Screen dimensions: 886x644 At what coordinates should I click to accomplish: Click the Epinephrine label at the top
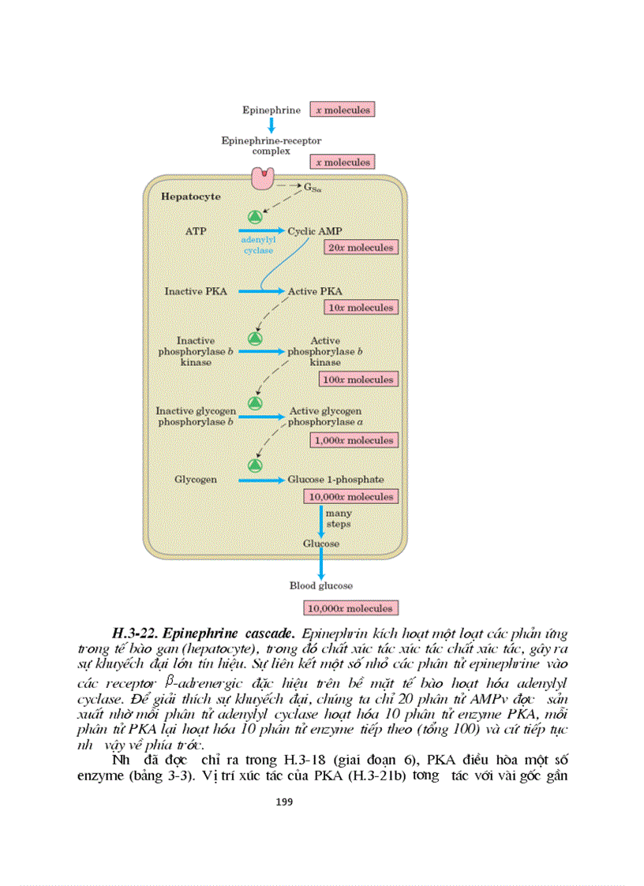pyautogui.click(x=271, y=110)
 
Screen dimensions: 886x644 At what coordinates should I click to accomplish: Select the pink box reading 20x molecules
pyautogui.click(x=360, y=248)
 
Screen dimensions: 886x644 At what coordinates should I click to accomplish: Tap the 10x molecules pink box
pyautogui.click(x=360, y=308)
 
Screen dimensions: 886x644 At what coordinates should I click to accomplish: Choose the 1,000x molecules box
pyautogui.click(x=354, y=440)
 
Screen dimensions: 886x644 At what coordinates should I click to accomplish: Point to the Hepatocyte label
pyautogui.click(x=191, y=196)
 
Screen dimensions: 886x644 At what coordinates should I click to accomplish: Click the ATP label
pyautogui.click(x=195, y=231)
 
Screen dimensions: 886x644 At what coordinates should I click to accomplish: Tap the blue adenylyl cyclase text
pyautogui.click(x=257, y=244)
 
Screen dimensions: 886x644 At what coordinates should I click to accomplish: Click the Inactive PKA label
pyautogui.click(x=195, y=291)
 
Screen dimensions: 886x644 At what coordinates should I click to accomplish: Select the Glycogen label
pyautogui.click(x=195, y=479)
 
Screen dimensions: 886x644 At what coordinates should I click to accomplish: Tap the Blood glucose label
pyautogui.click(x=321, y=585)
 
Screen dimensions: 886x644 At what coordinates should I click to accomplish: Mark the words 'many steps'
pyautogui.click(x=338, y=518)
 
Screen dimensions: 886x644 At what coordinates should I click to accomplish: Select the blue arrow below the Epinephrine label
pyautogui.click(x=271, y=125)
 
